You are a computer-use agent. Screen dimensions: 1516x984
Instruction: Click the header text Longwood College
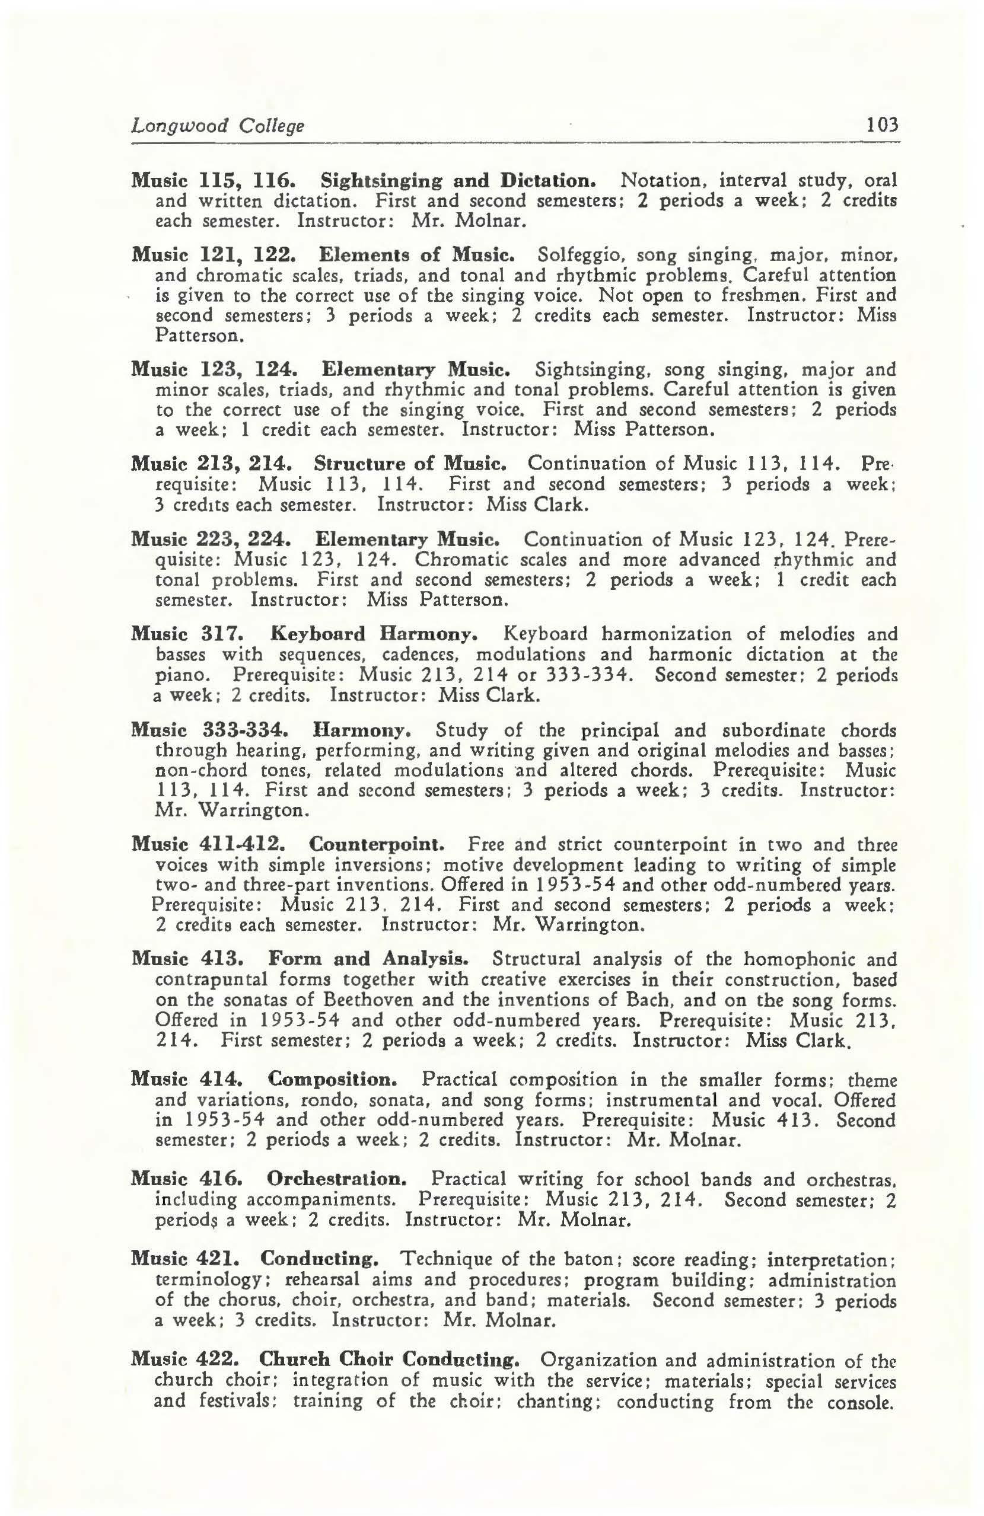tap(217, 126)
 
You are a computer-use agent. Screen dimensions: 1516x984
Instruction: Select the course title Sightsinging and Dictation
tap(457, 181)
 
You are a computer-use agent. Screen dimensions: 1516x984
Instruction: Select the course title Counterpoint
tap(377, 845)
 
